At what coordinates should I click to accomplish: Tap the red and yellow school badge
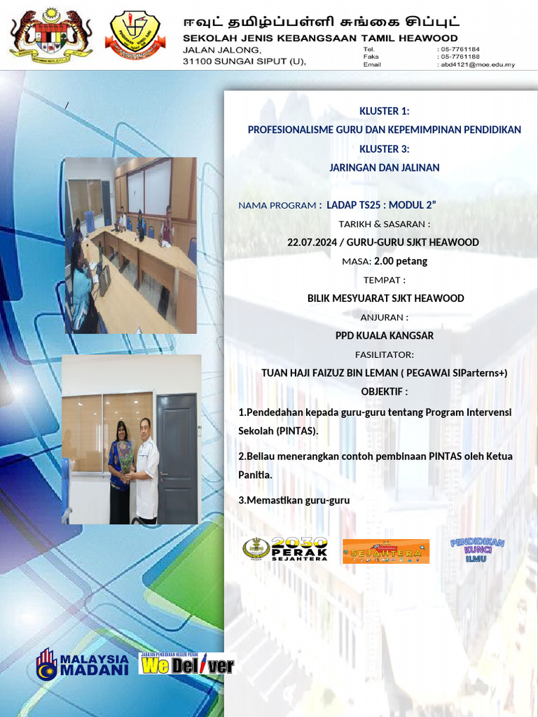[135, 34]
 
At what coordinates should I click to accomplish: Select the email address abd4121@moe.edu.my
[477, 64]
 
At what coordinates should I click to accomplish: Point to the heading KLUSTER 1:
[384, 111]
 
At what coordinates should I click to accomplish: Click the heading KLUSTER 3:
[384, 148]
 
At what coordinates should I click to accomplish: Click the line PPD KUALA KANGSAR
[384, 335]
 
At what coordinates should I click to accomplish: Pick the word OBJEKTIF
[382, 391]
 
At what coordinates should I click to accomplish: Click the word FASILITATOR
[384, 354]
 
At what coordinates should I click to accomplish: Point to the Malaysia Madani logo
[83, 664]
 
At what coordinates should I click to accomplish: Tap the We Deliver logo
[187, 664]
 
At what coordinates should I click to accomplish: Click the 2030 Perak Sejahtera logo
[285, 550]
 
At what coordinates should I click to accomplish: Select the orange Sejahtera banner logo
[385, 552]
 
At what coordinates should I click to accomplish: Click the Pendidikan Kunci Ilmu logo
[477, 549]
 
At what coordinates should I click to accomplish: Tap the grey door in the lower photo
[177, 458]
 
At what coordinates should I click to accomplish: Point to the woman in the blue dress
[120, 473]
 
